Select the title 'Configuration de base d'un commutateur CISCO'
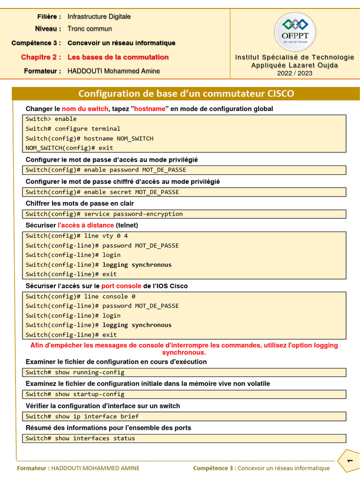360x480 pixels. [186, 93]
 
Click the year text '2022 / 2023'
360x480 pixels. [294, 73]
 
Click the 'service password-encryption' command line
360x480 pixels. [104, 214]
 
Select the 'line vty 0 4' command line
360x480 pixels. [76, 236]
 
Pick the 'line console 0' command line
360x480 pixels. [80, 296]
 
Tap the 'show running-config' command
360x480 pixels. [75, 372]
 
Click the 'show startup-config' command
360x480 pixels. [75, 394]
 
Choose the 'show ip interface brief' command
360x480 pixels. [82, 416]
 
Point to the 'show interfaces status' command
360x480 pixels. [80, 438]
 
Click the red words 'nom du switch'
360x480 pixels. [85, 109]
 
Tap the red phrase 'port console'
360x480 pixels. [121, 286]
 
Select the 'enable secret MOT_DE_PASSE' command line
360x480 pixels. [102, 192]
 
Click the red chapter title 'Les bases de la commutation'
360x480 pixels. [118, 57]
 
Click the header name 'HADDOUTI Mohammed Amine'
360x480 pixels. [113, 71]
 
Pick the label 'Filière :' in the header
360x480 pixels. [49, 16]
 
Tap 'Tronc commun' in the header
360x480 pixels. [90, 29]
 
